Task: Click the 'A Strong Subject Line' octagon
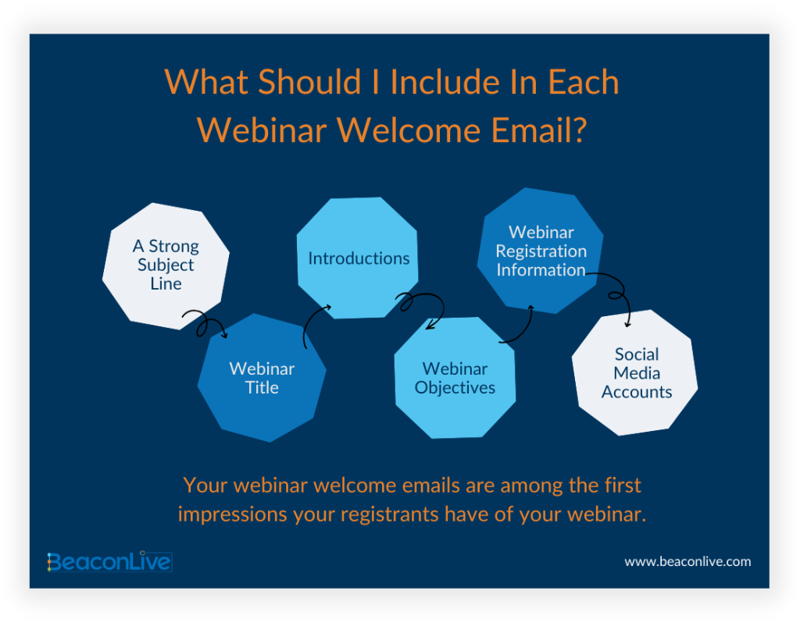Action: pos(166,265)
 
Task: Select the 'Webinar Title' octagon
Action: pos(262,378)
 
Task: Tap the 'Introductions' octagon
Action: pos(358,258)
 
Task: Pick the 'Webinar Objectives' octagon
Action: pos(455,378)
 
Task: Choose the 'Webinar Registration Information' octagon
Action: pos(541,251)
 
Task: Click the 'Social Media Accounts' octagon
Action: pos(635,373)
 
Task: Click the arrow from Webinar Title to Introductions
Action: pos(314,322)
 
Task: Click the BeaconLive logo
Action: pos(109,561)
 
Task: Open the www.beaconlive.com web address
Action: pos(687,561)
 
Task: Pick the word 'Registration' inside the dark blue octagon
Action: pos(541,251)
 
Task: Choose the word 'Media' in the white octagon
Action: pos(636,373)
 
